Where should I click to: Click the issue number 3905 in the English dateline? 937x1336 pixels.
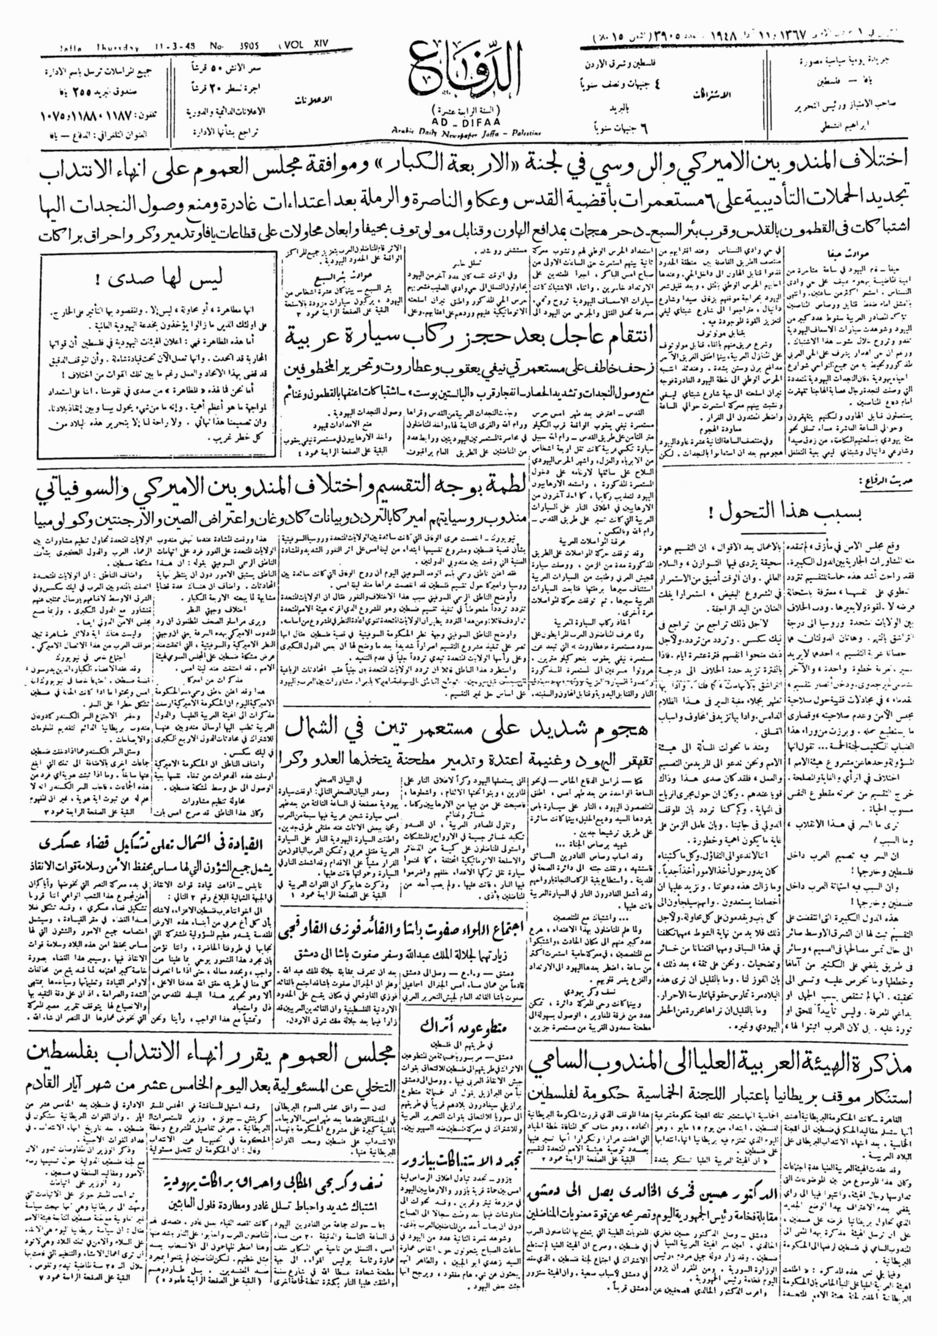(244, 47)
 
